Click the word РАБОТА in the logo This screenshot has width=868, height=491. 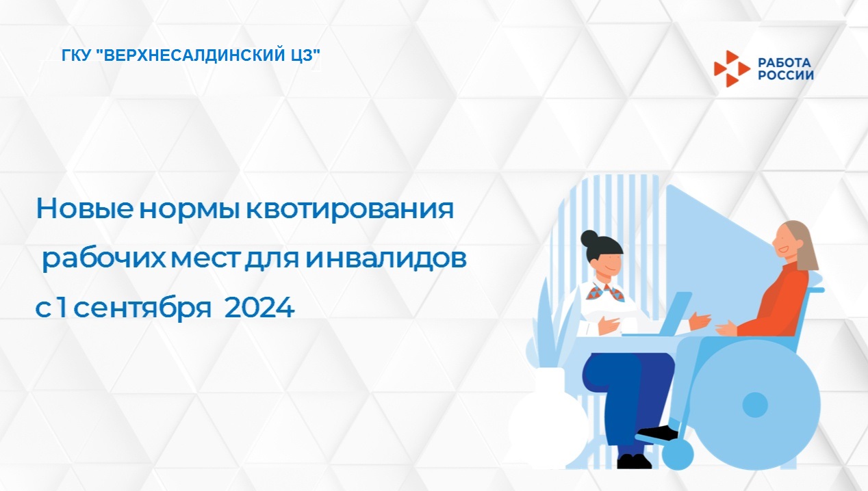coord(784,62)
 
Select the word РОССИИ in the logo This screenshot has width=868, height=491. coord(785,75)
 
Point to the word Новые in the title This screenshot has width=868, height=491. coord(85,209)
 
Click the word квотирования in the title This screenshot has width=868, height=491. coord(350,210)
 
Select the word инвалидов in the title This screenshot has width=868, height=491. coord(386,258)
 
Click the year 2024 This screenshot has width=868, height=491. coord(259,308)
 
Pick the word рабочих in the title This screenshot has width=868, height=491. coord(104,259)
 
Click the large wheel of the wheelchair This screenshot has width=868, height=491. coord(755,406)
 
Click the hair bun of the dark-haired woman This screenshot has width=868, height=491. coord(589,239)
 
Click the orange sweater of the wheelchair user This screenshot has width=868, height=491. coord(779,302)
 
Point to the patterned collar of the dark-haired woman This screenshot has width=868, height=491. coord(606,291)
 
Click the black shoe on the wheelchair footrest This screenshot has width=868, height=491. coord(659,432)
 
